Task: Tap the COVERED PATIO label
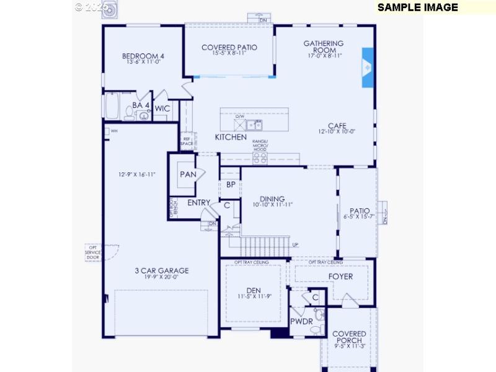click(229, 47)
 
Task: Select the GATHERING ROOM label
click(323, 47)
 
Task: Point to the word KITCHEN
click(231, 137)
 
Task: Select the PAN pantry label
click(188, 174)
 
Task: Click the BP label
click(230, 184)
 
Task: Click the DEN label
click(254, 290)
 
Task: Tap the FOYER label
click(340, 277)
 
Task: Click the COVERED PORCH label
click(349, 337)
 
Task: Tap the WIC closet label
click(162, 108)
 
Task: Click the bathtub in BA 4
click(113, 106)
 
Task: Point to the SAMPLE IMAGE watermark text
click(417, 7)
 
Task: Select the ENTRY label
click(199, 203)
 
